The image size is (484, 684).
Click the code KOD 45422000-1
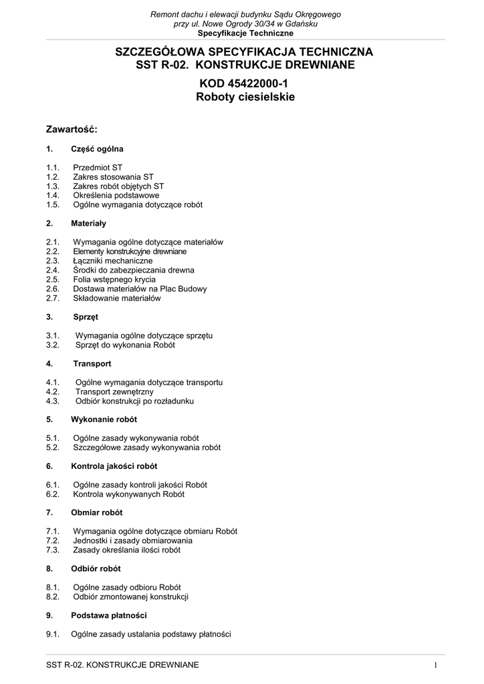(x=245, y=83)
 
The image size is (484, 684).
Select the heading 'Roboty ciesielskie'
(x=245, y=97)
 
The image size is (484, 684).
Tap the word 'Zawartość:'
(x=72, y=128)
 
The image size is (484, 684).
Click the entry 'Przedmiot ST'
(x=98, y=167)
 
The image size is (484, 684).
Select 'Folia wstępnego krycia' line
(x=114, y=279)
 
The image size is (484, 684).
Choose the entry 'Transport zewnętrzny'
(x=114, y=391)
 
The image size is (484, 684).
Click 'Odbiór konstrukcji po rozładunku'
(x=134, y=401)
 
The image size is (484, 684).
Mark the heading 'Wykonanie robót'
(x=104, y=419)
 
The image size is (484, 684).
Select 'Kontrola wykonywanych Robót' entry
(x=128, y=494)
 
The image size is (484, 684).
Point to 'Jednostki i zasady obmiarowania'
(x=132, y=540)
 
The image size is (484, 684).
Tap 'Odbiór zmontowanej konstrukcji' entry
(x=130, y=596)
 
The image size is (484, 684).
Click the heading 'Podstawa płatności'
(x=108, y=615)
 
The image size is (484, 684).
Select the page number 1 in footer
(x=435, y=665)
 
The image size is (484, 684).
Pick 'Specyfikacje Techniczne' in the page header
(x=245, y=33)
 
